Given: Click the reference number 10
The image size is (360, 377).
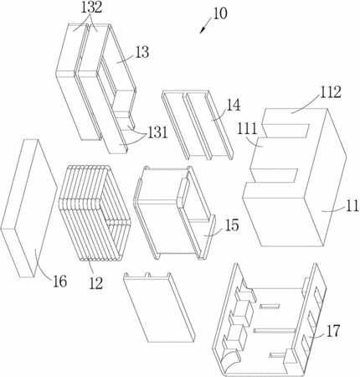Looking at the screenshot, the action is pyautogui.click(x=220, y=13).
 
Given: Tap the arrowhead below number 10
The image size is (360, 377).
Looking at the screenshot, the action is pyautogui.click(x=203, y=30).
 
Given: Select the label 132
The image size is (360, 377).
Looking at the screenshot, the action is pyautogui.click(x=92, y=8).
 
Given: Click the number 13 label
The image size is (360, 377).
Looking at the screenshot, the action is pyautogui.click(x=142, y=52).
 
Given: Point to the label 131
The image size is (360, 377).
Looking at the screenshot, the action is pyautogui.click(x=157, y=132).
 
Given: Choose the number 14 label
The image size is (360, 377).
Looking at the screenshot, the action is pyautogui.click(x=234, y=106).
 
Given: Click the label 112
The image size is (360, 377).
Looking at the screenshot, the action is pyautogui.click(x=330, y=92).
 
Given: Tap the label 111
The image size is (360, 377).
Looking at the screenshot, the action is pyautogui.click(x=246, y=129).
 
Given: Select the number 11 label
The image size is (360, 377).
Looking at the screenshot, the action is pyautogui.click(x=352, y=206).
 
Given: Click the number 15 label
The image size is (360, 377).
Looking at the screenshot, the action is pyautogui.click(x=232, y=225).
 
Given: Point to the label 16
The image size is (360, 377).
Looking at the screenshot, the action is pyautogui.click(x=59, y=281).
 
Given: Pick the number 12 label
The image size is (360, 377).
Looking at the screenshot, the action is pyautogui.click(x=96, y=283).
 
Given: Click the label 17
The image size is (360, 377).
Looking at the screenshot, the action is pyautogui.click(x=333, y=331).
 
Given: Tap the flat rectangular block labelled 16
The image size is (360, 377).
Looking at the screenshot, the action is pyautogui.click(x=28, y=208).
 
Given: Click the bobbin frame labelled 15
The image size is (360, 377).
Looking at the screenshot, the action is pyautogui.click(x=174, y=213).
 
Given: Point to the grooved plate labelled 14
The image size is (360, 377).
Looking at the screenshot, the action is pyautogui.click(x=198, y=125).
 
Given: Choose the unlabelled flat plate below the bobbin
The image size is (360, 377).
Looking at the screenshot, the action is pyautogui.click(x=159, y=307).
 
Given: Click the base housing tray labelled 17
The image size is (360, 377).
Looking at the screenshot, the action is pyautogui.click(x=270, y=321).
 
